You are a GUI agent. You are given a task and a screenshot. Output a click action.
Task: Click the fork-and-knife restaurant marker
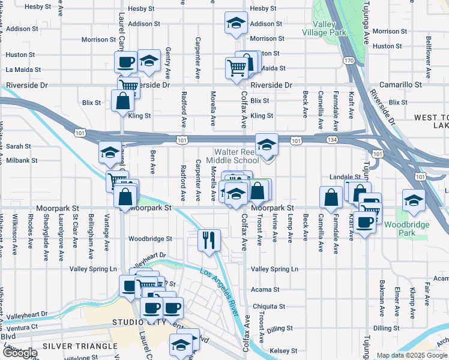pyautogui.click(x=209, y=240)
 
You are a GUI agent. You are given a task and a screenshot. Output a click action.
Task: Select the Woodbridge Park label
pyautogui.click(x=399, y=229)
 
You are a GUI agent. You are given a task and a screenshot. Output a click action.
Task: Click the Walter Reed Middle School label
pyautogui.click(x=232, y=156)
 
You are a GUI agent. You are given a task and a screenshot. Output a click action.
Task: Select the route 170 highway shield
pyautogui.click(x=349, y=61)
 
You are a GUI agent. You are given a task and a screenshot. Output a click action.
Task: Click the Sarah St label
pyautogui.click(x=19, y=146)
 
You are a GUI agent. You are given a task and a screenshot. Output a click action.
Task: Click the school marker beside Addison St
pyautogui.click(x=236, y=25)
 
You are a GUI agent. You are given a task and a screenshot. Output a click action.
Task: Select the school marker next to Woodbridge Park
pyautogui.click(x=414, y=201)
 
